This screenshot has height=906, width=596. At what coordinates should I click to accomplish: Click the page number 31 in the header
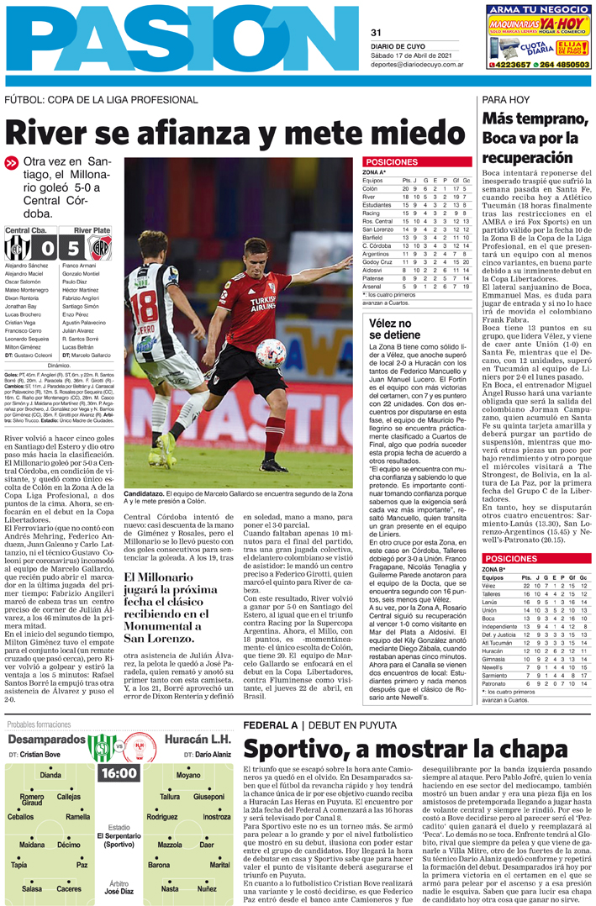click(x=376, y=33)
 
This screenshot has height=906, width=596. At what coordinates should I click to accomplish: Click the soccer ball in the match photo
click(x=270, y=352)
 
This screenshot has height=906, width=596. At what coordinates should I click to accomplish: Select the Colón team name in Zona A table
click(x=371, y=189)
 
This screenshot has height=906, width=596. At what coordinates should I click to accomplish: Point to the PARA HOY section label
click(x=505, y=100)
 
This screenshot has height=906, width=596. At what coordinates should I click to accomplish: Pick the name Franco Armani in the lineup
click(x=81, y=266)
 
